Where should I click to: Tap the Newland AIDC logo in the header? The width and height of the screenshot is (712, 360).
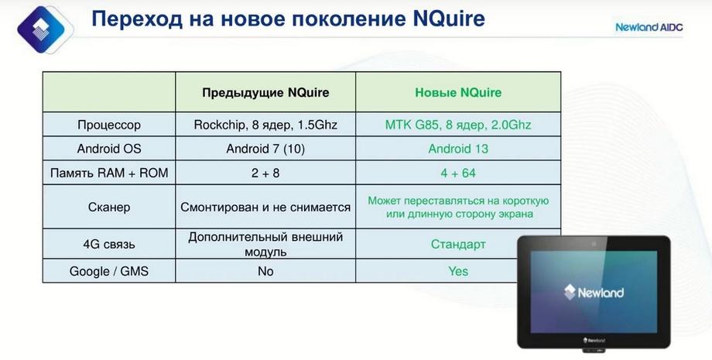(x=649, y=27)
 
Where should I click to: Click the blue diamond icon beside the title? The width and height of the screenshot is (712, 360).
(x=41, y=29)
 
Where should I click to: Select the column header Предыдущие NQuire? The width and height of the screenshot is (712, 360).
(x=265, y=93)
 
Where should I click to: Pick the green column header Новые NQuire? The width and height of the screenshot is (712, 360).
(x=458, y=93)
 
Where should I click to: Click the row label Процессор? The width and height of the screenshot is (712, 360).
(x=109, y=125)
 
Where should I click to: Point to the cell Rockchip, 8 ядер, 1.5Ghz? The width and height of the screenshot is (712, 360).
(x=265, y=125)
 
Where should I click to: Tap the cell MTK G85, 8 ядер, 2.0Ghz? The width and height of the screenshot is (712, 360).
(x=458, y=125)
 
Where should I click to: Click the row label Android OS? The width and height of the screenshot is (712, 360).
(x=109, y=149)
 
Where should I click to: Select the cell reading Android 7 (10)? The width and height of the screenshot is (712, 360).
(x=265, y=149)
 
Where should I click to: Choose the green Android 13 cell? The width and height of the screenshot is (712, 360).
(x=458, y=149)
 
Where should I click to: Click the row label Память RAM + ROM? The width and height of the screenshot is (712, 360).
(x=109, y=173)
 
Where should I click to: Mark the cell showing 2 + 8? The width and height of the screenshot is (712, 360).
(x=265, y=173)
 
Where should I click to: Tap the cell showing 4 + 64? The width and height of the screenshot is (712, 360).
(x=458, y=173)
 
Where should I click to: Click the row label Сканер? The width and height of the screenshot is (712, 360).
(x=109, y=207)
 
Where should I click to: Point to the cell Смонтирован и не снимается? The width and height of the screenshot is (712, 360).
(x=265, y=207)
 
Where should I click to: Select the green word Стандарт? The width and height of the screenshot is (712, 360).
(x=458, y=244)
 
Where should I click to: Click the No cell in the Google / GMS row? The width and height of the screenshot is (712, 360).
(x=265, y=271)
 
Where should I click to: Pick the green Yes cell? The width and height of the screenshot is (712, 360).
(x=458, y=271)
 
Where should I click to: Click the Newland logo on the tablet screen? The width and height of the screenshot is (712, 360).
(x=594, y=292)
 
